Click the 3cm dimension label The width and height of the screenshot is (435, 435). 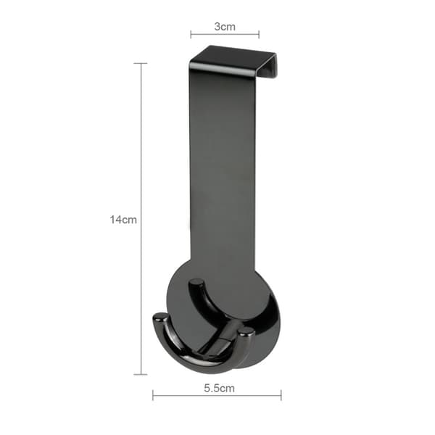[225, 27]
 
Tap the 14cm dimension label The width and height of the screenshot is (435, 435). [123, 220]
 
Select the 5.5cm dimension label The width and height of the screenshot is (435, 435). [219, 388]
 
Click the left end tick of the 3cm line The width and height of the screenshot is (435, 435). [191, 34]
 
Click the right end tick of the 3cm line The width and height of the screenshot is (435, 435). [259, 34]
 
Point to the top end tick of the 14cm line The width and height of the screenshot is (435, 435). [141, 64]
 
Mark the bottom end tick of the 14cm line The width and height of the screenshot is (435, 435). [141, 374]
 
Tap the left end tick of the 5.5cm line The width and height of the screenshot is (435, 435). [153, 395]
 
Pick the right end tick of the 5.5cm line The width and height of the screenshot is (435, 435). [281, 395]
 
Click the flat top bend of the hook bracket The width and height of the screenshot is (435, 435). [233, 59]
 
